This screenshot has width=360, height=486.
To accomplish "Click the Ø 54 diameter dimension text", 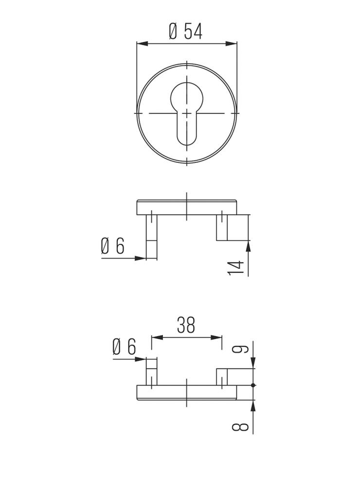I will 185,32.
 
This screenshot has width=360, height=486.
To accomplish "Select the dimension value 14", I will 235,268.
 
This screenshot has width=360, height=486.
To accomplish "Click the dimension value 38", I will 186,325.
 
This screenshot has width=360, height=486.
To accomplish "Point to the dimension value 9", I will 244,348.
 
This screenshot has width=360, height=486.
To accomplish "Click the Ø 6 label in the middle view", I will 113,247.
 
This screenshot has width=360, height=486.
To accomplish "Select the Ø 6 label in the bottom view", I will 124,347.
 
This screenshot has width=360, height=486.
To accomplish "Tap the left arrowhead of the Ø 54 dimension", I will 142,44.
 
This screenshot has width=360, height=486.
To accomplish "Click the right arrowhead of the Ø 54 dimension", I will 232,44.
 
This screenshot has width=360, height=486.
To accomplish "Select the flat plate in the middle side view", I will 187,208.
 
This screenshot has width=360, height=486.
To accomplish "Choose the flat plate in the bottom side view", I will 187,393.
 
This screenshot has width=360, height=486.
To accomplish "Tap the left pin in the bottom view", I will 152,372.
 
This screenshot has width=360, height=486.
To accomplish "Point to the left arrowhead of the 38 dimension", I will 156,336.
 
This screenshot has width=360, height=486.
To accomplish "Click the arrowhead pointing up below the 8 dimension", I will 253,404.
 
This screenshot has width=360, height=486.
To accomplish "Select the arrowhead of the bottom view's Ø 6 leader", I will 142,359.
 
